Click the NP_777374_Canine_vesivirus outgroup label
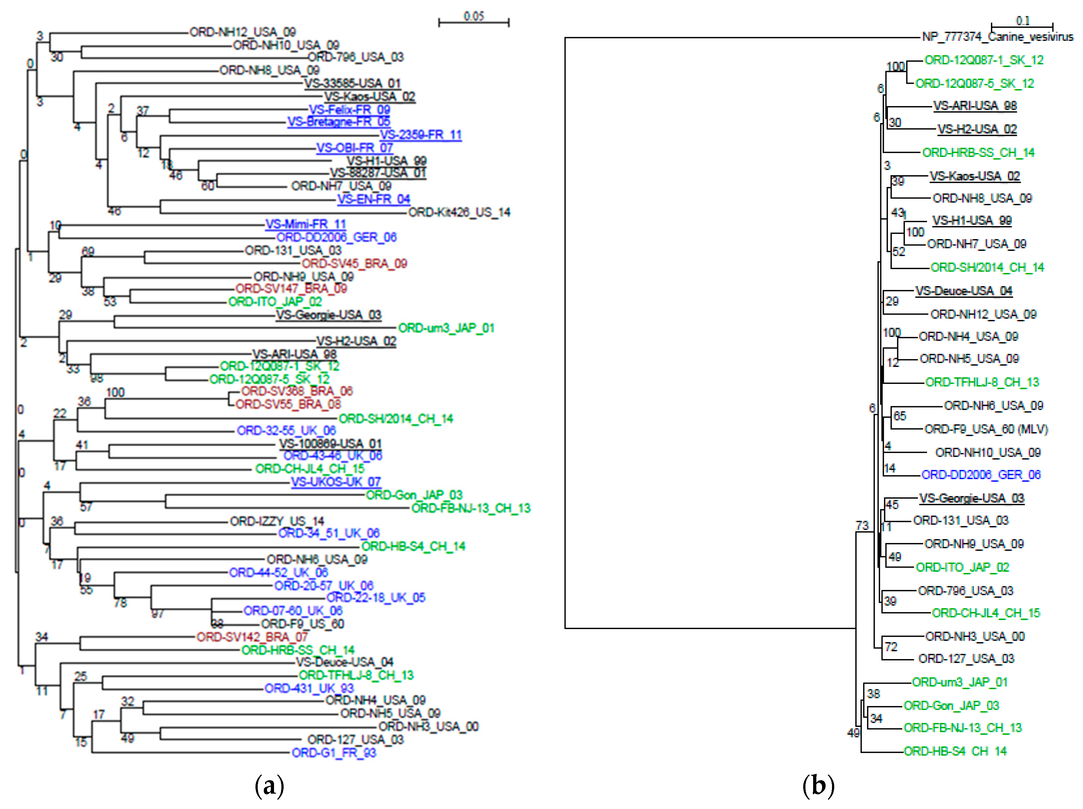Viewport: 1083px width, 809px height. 997,37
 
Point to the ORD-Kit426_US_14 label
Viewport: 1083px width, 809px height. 459,212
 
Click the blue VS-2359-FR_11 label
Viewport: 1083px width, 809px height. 420,135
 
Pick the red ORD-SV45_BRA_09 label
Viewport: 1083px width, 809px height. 354,264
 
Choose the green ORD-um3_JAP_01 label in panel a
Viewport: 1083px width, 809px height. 446,328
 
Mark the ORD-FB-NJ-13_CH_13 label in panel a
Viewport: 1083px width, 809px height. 470,508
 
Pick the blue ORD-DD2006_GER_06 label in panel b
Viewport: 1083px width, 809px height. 981,475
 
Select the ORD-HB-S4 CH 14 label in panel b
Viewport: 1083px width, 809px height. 955,751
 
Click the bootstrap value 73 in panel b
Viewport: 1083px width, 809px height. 862,525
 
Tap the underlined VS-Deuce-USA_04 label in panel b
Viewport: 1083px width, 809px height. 963,291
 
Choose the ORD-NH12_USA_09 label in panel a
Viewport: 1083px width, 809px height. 242,32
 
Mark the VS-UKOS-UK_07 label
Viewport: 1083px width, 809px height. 336,482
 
